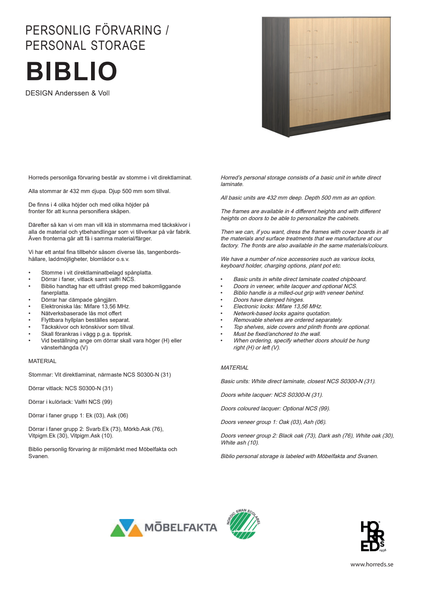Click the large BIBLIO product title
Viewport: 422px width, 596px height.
click(x=72, y=72)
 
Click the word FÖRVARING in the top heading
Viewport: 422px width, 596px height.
click(x=128, y=30)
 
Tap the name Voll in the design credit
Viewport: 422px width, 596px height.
click(x=104, y=93)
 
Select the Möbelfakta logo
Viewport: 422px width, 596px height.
click(x=164, y=528)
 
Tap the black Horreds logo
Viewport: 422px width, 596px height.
click(x=373, y=536)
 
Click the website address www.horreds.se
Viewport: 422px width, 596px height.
click(x=372, y=564)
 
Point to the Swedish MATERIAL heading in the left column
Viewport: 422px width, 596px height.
click(x=42, y=361)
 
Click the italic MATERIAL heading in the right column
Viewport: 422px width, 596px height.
click(x=234, y=368)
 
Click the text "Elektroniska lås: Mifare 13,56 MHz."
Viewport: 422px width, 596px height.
click(x=85, y=306)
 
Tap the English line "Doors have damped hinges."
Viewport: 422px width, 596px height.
click(x=269, y=300)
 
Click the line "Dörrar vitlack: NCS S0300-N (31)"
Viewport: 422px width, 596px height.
click(x=70, y=388)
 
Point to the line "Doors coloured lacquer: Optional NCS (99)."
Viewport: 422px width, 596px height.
click(x=275, y=408)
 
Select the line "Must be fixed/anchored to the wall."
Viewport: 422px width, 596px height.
click(x=277, y=334)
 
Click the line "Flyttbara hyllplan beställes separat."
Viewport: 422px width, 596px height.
click(x=85, y=320)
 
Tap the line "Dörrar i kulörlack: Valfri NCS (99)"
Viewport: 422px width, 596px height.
click(x=70, y=402)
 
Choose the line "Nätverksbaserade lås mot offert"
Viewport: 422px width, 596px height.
click(x=81, y=313)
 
